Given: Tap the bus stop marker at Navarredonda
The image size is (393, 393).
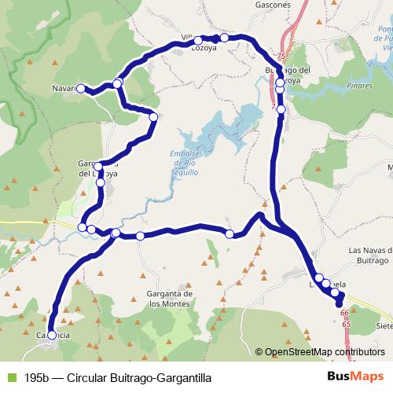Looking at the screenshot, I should coord(80,88).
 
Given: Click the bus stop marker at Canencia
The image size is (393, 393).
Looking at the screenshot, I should coord(52,335).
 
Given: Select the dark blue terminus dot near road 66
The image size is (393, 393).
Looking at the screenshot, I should coord(340,305).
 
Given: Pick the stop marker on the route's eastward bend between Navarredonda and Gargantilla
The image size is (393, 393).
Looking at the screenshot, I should coord(153,116).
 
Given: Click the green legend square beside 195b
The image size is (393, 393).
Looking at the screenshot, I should coord(9,377).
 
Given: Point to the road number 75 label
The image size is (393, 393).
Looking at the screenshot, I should coord(282,58).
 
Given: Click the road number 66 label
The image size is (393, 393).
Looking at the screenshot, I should coord(344,314).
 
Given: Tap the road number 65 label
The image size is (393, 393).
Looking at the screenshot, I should coord(347,323).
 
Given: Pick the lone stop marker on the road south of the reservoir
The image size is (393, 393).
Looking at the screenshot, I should coord(230,233).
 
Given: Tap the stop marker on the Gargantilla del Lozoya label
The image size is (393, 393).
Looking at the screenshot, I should coord(100,182).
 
